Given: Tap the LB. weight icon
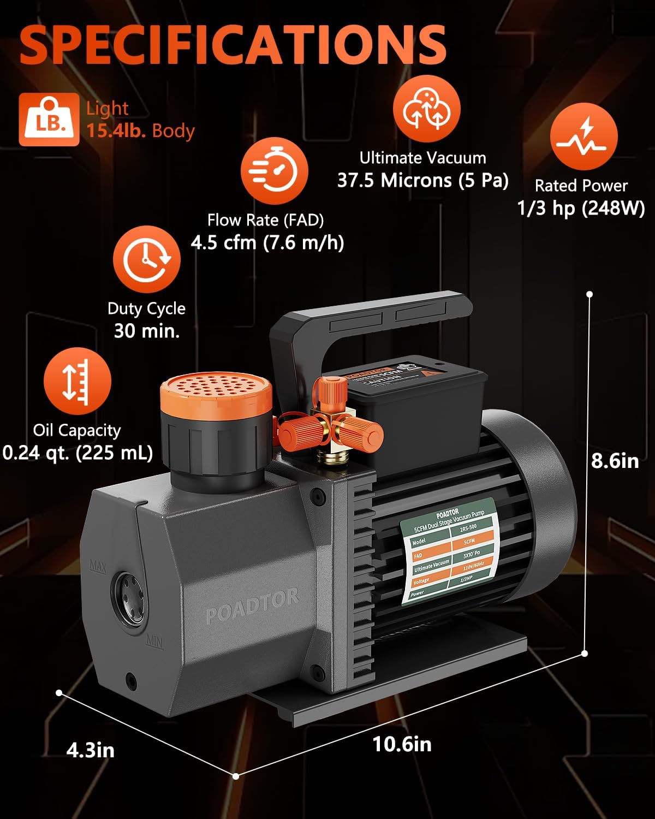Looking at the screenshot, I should pos(49,120).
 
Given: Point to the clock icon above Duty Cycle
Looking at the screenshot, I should pos(146,260).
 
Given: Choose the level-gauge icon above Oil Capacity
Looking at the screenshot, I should pos(77,381).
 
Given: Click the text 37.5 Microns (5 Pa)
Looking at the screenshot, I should pos(422,180).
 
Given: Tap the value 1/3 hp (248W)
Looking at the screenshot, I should pos(581,208).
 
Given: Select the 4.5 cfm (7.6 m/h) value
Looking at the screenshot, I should pos(267,242).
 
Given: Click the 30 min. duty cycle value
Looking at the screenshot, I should pos(147,331).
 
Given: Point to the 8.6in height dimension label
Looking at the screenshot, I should pos(615,461).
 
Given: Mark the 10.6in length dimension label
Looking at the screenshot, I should pos(402,744).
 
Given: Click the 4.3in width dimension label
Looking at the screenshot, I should pos(91,750).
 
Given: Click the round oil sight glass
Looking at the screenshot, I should pos(129,598).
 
